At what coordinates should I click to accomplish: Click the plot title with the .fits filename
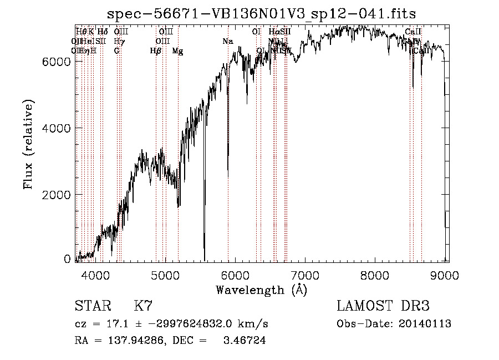click(x=261, y=13)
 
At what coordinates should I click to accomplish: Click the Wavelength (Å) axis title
click(x=261, y=289)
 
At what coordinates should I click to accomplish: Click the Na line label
click(x=228, y=41)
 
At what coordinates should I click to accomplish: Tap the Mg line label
click(x=177, y=51)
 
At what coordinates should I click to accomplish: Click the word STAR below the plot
click(x=93, y=306)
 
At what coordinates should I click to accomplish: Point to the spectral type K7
click(x=143, y=306)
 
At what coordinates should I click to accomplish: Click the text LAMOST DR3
click(x=383, y=306)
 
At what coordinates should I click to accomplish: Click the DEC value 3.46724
click(x=244, y=341)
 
